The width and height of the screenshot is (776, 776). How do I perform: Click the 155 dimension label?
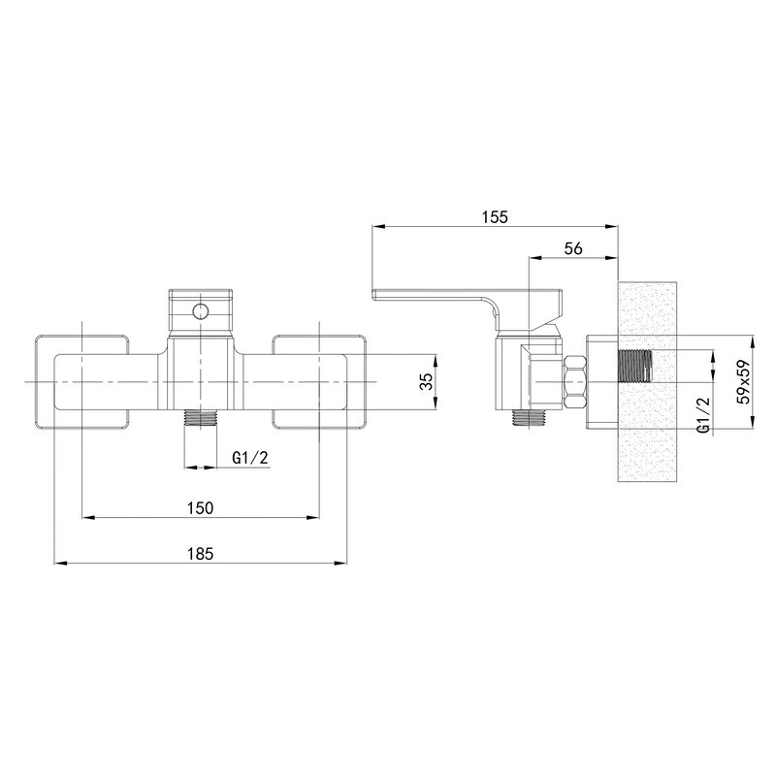click(496, 216)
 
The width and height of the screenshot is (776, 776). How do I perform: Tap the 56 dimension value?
click(573, 248)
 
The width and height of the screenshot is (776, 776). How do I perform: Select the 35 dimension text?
click(426, 381)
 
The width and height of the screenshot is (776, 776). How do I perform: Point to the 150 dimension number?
click(201, 507)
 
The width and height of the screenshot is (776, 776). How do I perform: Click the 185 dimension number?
click(201, 553)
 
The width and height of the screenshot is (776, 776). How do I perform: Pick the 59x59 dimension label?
click(743, 381)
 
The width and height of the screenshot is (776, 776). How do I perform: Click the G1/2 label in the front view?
click(250, 458)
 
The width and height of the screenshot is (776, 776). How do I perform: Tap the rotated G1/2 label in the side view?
click(704, 415)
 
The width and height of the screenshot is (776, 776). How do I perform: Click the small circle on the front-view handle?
click(201, 311)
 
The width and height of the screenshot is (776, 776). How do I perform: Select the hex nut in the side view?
click(575, 382)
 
